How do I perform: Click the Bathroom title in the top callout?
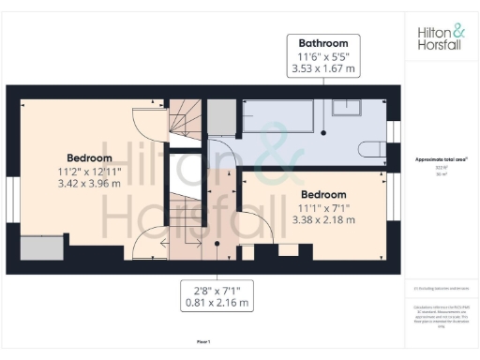(323, 43)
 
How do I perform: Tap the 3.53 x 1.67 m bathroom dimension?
(323, 68)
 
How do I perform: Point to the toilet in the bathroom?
(370, 145)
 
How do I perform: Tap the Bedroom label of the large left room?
(89, 157)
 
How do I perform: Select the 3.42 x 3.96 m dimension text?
(89, 184)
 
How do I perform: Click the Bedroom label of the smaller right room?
(325, 194)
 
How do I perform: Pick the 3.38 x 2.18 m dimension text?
(325, 220)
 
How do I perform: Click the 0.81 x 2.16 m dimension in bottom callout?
(217, 303)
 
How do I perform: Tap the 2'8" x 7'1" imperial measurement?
(217, 290)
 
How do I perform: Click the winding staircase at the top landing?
(183, 120)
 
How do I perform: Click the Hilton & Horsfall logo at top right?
(439, 37)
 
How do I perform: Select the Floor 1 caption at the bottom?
(203, 342)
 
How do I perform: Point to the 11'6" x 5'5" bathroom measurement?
(323, 56)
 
